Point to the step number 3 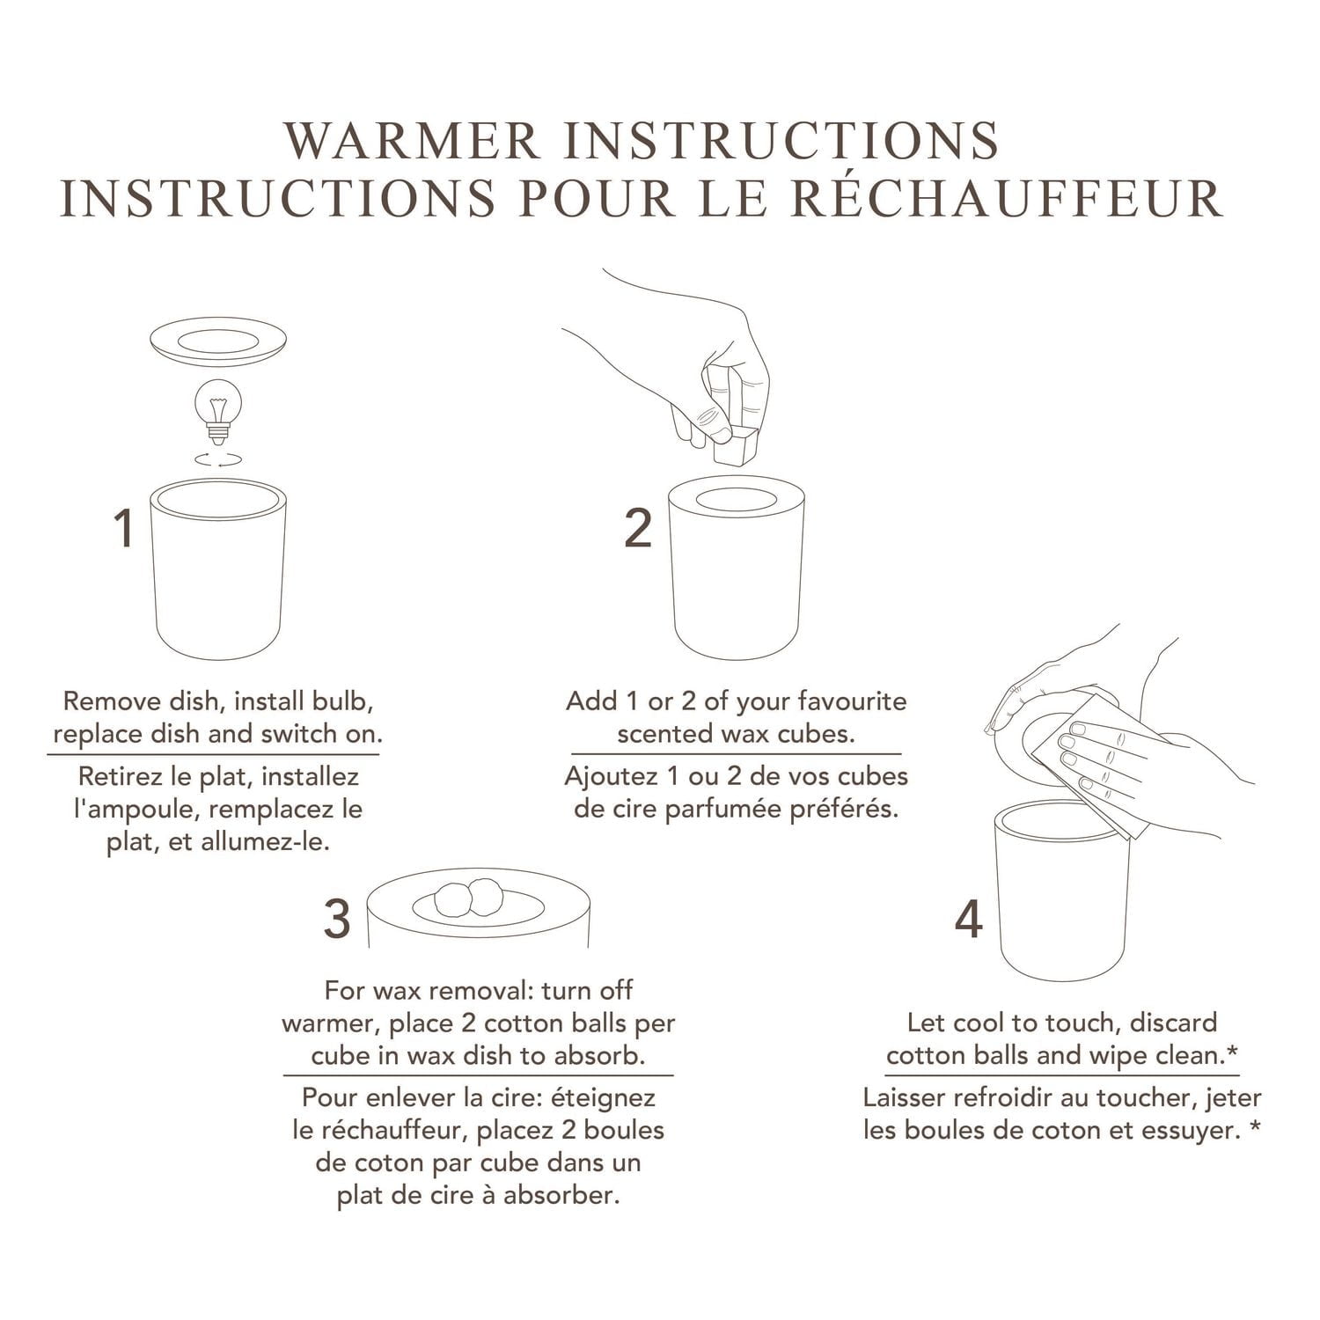(337, 918)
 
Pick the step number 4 (968, 920)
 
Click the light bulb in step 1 (217, 407)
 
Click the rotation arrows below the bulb (217, 458)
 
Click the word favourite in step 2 (852, 701)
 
